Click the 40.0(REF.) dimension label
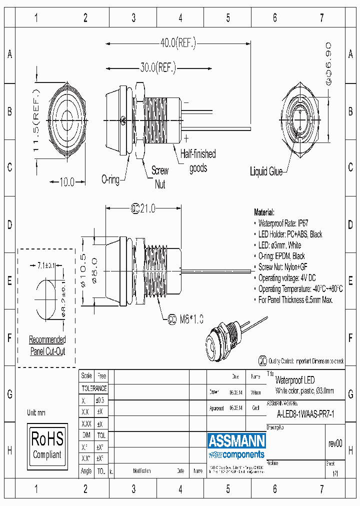click(x=178, y=43)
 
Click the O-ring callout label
click(x=110, y=179)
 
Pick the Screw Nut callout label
click(x=160, y=177)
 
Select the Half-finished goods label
click(x=198, y=161)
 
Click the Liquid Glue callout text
click(x=266, y=171)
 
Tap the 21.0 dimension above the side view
click(x=144, y=208)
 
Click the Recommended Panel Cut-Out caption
click(x=47, y=345)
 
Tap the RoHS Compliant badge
click(x=47, y=445)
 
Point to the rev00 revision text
click(x=335, y=443)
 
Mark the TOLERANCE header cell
click(x=94, y=388)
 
